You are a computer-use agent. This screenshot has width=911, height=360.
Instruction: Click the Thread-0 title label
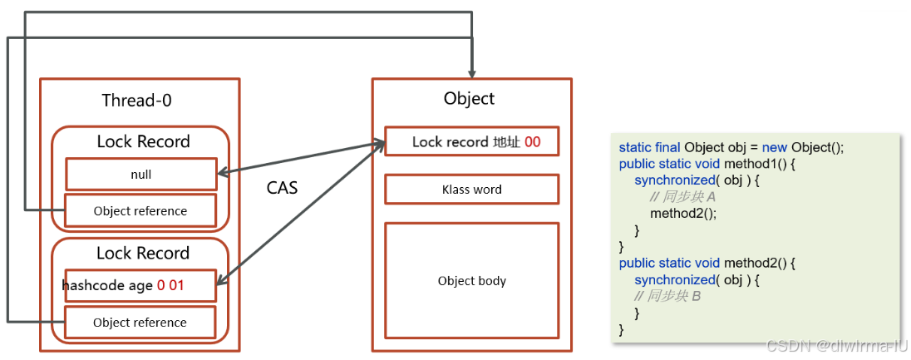pos(136,101)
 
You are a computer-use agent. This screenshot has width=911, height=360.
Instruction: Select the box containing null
pos(141,175)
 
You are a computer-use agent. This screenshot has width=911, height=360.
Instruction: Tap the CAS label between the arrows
pos(282,188)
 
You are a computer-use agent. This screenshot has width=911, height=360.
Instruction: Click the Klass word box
pos(471,190)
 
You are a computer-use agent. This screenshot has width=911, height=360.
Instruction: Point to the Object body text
pos(471,281)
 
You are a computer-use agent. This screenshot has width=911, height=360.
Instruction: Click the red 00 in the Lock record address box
pos(532,142)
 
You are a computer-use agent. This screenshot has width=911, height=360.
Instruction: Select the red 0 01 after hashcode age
pos(170,286)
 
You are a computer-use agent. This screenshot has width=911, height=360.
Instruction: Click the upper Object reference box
pos(140,211)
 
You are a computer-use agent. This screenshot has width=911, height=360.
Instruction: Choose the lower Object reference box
pos(140,323)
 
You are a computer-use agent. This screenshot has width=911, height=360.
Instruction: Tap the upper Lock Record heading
pos(143,141)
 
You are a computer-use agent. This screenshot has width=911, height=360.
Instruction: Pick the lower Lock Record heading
pos(143,253)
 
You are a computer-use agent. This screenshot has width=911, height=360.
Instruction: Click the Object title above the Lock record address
pos(469,99)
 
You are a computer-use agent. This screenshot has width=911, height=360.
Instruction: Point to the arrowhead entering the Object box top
pos(472,73)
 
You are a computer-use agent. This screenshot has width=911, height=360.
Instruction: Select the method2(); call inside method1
pos(682,213)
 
